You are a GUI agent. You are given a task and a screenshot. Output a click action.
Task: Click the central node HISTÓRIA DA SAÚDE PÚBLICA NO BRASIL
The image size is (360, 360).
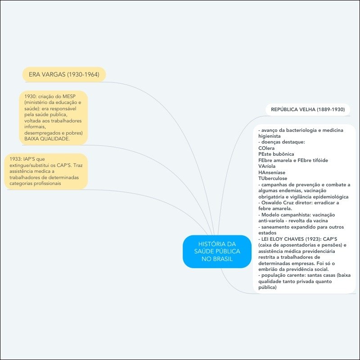[217, 252]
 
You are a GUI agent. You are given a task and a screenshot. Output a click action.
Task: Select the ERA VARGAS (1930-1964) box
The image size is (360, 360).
[64, 74]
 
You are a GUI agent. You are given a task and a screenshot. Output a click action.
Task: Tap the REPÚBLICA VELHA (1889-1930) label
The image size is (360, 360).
[307, 109]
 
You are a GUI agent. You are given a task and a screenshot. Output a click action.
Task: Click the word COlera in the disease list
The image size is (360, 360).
[266, 148]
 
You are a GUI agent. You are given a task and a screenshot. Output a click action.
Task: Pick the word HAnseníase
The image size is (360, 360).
[272, 172]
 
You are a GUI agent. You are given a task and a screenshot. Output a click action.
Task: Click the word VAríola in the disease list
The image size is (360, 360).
[267, 166]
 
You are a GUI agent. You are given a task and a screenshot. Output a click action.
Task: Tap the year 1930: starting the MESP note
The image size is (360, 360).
[32, 97]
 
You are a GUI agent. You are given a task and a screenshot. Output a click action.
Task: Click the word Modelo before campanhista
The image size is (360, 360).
[271, 215]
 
